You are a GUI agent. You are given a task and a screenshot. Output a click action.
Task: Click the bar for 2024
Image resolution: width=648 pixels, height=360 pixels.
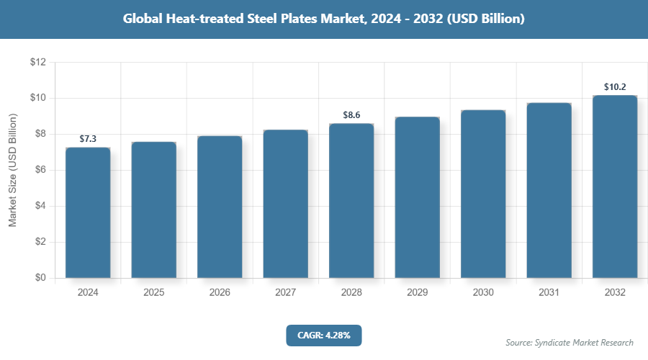point(88,212)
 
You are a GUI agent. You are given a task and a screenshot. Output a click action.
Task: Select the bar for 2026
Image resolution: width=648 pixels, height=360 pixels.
point(220,207)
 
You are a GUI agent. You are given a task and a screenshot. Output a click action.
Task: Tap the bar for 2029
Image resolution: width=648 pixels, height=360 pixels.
point(418,197)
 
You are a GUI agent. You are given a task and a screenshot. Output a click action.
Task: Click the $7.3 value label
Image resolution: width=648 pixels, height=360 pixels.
point(88,139)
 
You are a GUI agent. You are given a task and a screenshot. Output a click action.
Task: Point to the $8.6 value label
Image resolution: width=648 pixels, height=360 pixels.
point(351,115)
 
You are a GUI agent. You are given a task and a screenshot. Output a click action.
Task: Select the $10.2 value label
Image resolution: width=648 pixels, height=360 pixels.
point(615,87)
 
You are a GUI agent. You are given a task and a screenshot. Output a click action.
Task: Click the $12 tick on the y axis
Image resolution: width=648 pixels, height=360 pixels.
point(38,63)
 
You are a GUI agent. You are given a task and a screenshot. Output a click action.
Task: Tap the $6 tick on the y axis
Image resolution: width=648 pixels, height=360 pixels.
point(38,170)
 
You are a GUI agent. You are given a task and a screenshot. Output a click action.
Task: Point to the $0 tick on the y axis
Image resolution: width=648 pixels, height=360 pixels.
point(38,278)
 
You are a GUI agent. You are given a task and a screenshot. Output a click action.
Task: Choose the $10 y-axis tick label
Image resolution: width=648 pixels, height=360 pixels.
point(38,99)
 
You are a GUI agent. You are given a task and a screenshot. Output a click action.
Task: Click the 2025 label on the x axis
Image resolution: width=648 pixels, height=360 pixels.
point(153,293)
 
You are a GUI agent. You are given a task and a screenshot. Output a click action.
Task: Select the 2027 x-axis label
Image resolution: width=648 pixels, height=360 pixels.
point(285,293)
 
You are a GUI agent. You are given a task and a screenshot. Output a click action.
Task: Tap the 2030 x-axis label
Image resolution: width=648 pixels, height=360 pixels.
point(483,293)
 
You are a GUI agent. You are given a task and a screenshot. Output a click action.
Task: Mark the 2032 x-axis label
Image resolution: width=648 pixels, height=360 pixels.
point(615,293)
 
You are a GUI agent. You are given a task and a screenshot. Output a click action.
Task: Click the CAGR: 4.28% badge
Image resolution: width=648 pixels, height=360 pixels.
point(323,335)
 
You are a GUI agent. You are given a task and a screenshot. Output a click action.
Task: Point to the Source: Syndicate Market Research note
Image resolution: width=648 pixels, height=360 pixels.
point(569,342)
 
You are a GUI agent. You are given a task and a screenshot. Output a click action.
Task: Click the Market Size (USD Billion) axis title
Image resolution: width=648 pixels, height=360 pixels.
point(12,171)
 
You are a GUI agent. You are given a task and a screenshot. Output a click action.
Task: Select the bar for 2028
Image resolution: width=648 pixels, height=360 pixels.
point(351,201)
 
